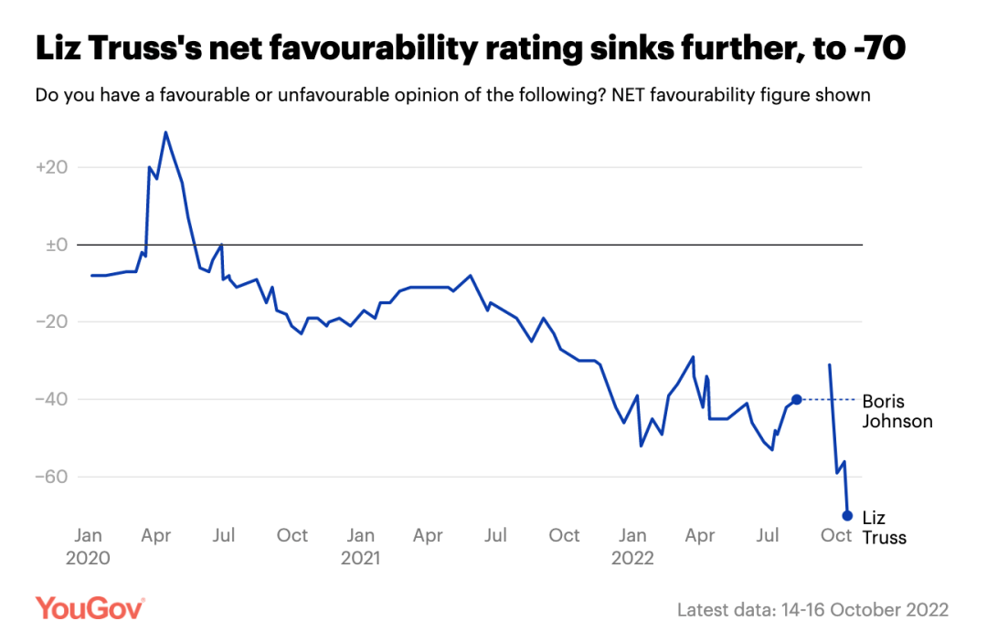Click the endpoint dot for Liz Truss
tap(847, 515)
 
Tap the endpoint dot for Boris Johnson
tap(797, 399)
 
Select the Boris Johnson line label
tap(897, 411)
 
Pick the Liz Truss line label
tap(884, 528)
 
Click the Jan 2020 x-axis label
tap(88, 546)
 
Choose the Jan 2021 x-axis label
tap(361, 546)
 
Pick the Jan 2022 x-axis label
tap(632, 546)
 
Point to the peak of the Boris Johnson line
tap(165, 132)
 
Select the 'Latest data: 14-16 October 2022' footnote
tap(812, 609)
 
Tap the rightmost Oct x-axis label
tap(836, 535)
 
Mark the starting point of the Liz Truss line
tap(829, 364)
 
